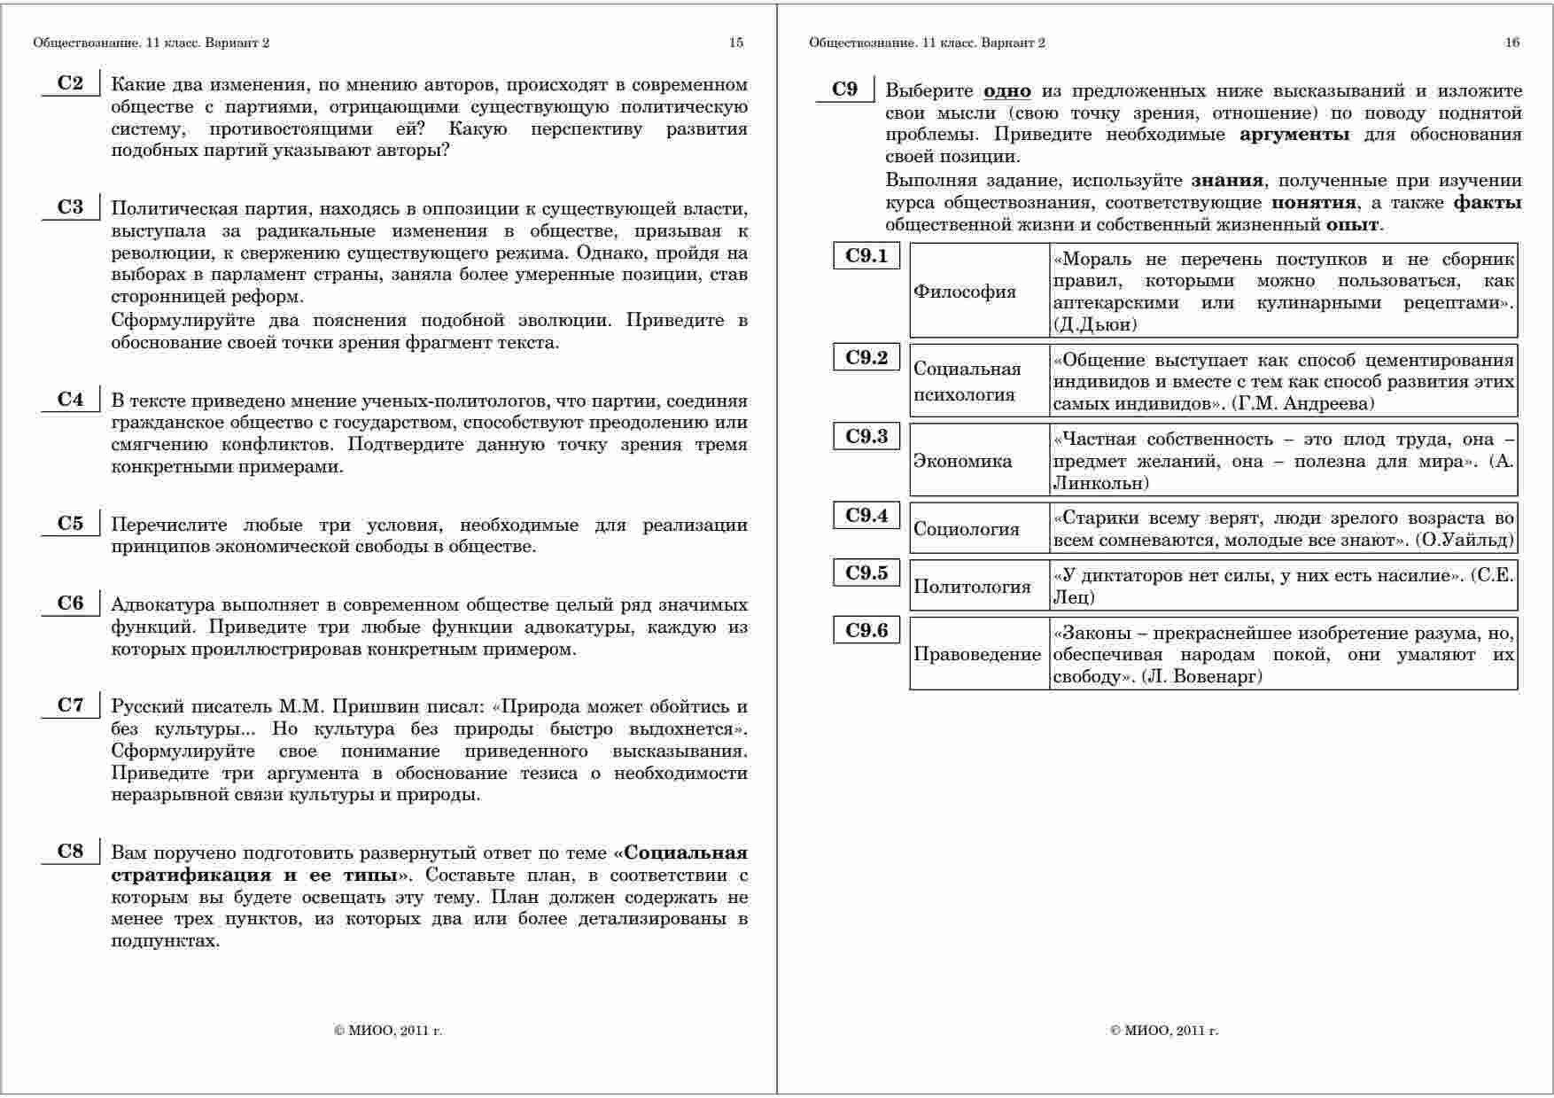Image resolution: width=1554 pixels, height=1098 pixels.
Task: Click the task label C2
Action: coord(70,83)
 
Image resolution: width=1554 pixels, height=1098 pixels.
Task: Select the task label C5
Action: coord(70,523)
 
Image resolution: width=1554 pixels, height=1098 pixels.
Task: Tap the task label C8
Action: coord(70,852)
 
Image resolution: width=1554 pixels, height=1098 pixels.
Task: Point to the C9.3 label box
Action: coord(866,436)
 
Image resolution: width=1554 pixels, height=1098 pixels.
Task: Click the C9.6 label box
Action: coord(866,630)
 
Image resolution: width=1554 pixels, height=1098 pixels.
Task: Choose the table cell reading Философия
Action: coord(965,292)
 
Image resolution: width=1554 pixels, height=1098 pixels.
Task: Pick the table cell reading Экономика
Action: coord(962,461)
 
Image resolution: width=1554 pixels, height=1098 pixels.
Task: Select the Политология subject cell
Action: coord(972,587)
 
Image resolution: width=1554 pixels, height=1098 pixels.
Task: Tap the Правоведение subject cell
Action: coord(977,655)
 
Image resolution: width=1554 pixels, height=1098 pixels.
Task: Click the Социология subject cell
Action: coord(967,529)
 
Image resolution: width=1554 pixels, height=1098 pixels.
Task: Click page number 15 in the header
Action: coord(736,43)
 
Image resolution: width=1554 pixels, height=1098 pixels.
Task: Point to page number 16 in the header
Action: coord(1512,43)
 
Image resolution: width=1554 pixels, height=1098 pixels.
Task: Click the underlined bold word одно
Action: coord(1007,91)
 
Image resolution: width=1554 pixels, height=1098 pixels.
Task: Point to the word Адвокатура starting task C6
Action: coord(163,605)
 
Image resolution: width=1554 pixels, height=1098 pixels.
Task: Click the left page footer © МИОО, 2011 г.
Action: coord(388,1031)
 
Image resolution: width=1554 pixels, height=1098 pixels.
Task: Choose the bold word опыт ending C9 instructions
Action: coord(1352,224)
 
